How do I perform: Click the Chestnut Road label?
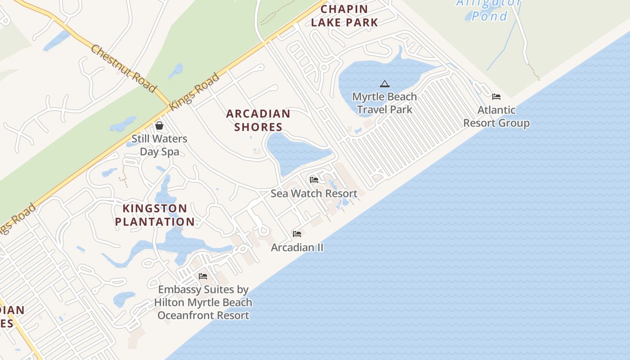tap(123, 68)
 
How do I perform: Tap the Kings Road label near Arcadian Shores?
tap(194, 92)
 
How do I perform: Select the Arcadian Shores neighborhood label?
tap(258, 120)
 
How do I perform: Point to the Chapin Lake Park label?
tap(344, 15)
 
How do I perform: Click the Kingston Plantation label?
tap(155, 215)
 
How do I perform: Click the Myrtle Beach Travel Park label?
tap(385, 103)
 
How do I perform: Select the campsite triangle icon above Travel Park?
tap(384, 84)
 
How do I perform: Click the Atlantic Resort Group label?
tap(496, 117)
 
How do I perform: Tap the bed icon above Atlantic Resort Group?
tap(496, 96)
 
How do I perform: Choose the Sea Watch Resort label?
tap(314, 193)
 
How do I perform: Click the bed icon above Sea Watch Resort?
tap(314, 180)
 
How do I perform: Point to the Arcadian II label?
tap(297, 247)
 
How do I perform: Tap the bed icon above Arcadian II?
tap(297, 234)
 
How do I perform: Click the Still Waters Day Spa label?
tap(159, 145)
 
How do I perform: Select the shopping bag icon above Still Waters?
tap(159, 126)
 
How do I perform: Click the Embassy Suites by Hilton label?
tap(203, 302)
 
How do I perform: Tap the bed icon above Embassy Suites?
tap(203, 276)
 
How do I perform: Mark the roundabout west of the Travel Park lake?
tap(324, 67)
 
